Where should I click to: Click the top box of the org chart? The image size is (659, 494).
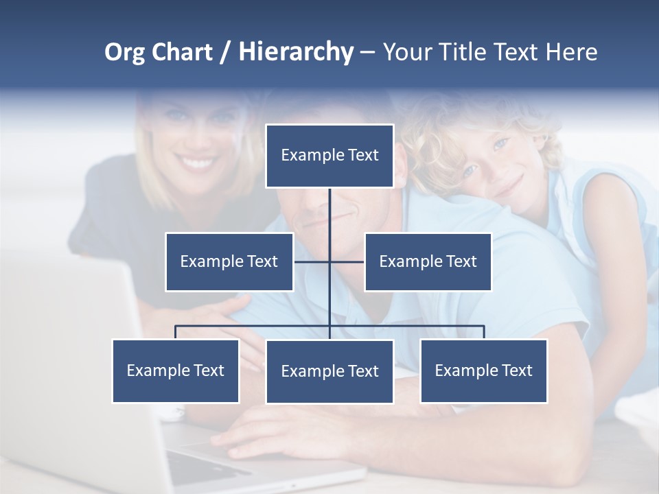(329, 156)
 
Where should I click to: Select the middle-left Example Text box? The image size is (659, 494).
(229, 261)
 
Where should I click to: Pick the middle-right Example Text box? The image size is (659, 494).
(428, 261)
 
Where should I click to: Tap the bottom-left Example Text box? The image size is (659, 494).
(176, 370)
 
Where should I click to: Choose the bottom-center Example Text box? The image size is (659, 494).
(329, 371)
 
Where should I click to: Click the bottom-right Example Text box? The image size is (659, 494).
(483, 370)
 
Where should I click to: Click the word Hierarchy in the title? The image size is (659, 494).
(296, 52)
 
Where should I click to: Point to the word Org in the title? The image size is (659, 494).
(125, 52)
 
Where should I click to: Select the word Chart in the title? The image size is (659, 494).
(183, 52)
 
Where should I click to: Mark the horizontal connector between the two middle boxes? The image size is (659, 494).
(329, 261)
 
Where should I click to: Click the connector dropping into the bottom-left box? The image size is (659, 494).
(176, 332)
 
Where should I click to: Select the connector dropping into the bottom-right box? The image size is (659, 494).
(483, 332)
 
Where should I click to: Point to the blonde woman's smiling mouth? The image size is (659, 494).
(194, 163)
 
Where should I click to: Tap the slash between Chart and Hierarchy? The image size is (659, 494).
(225, 52)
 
